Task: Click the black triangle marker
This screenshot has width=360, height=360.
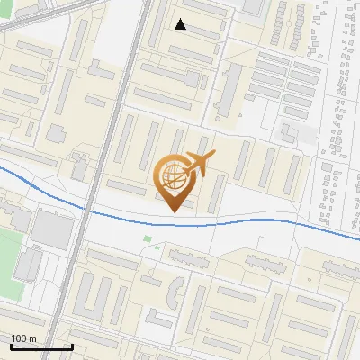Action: click(181, 24)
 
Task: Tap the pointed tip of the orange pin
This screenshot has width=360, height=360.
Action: click(172, 211)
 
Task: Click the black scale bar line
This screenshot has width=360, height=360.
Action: click(41, 346)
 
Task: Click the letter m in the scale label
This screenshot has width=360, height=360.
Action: click(32, 338)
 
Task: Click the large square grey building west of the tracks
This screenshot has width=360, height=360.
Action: click(52, 230)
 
